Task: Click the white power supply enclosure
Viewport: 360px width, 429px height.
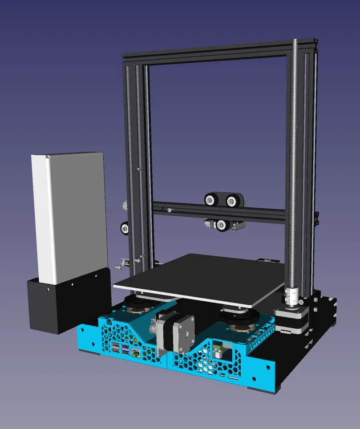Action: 69,214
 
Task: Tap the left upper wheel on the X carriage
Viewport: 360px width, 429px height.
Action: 209,200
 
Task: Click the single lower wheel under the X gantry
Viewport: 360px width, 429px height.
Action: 221,225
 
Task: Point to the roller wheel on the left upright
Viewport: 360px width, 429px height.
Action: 125,228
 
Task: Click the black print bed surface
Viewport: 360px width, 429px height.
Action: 200,276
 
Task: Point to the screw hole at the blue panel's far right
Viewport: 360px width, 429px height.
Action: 268,367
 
